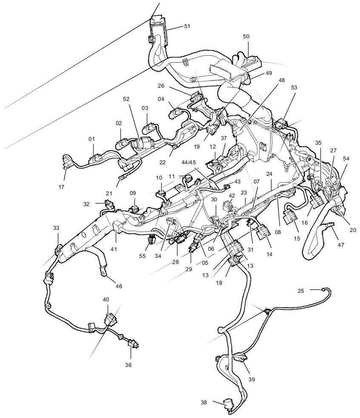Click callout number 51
(187, 26)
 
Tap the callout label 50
(246, 37)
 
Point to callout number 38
(204, 402)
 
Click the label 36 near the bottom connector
(128, 365)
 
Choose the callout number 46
(119, 286)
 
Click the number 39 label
(252, 379)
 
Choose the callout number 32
(87, 204)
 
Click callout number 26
(161, 85)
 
